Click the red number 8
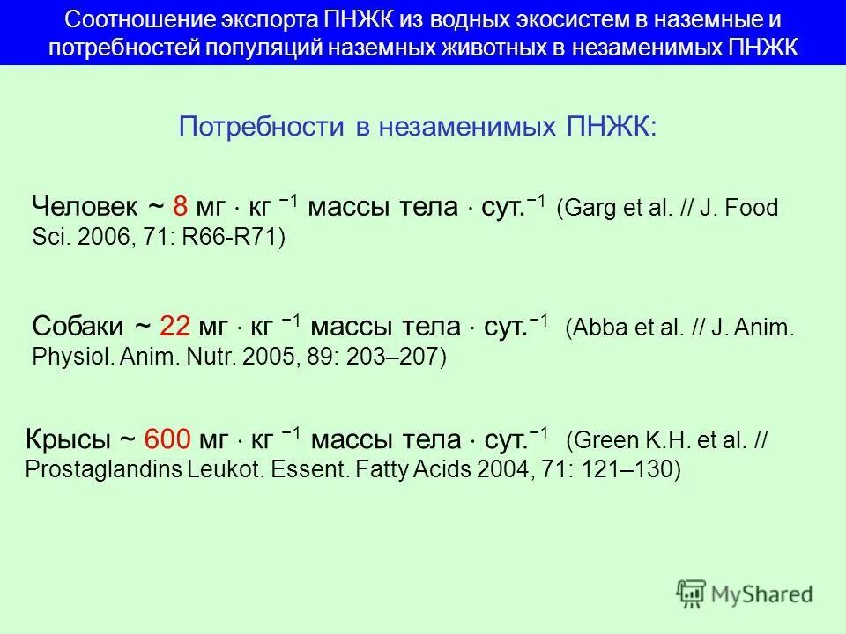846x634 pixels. tap(180, 207)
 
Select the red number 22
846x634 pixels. tap(175, 326)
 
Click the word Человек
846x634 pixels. tap(85, 207)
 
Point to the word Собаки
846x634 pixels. tap(78, 326)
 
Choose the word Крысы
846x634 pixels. tap(69, 439)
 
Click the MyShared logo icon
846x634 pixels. tap(692, 593)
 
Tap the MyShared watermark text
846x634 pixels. tap(761, 594)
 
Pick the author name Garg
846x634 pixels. tap(585, 209)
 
